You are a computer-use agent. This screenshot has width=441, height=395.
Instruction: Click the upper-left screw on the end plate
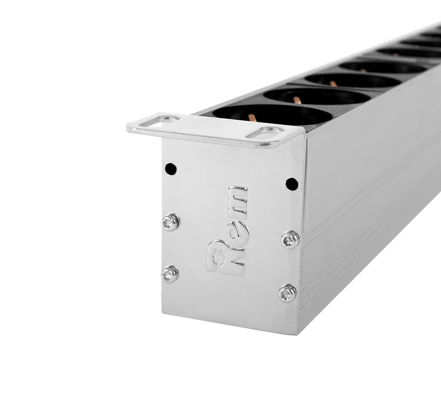click(171, 222)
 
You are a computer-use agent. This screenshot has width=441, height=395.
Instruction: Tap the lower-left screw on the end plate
click(170, 274)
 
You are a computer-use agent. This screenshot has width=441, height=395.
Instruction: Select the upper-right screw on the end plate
click(290, 240)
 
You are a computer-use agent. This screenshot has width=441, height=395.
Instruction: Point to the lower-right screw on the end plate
click(288, 294)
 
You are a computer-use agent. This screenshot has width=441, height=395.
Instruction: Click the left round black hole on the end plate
click(171, 169)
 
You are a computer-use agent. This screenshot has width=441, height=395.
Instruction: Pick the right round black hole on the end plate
click(292, 184)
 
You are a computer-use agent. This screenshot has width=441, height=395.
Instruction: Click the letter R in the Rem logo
click(226, 258)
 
